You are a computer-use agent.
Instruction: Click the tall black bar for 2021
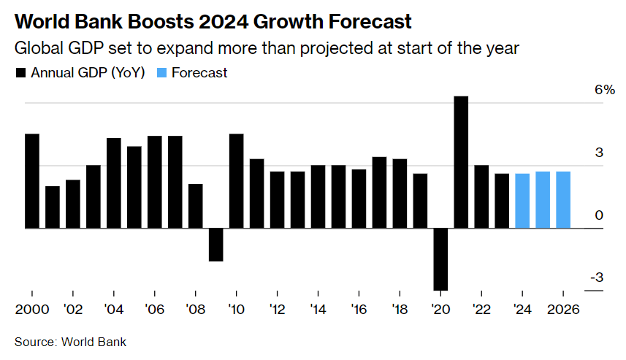tap(461, 162)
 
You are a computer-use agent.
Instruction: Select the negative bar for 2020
tap(440, 259)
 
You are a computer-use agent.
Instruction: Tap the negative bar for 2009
tap(215, 245)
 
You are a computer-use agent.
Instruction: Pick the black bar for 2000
tap(32, 181)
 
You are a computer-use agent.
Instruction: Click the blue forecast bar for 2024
tap(522, 201)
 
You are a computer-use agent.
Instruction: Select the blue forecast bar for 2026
tap(563, 200)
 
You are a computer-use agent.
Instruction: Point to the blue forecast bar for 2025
tap(543, 200)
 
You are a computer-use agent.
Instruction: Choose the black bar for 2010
tap(236, 181)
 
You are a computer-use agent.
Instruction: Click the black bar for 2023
tap(502, 201)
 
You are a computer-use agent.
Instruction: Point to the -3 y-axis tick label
tap(596, 277)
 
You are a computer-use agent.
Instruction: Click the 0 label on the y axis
tap(599, 215)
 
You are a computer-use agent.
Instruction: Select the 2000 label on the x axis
tap(32, 309)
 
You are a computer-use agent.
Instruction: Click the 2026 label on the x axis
tap(563, 309)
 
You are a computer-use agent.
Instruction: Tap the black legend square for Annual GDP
tap(20, 73)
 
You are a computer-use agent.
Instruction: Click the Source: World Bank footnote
tap(70, 342)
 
